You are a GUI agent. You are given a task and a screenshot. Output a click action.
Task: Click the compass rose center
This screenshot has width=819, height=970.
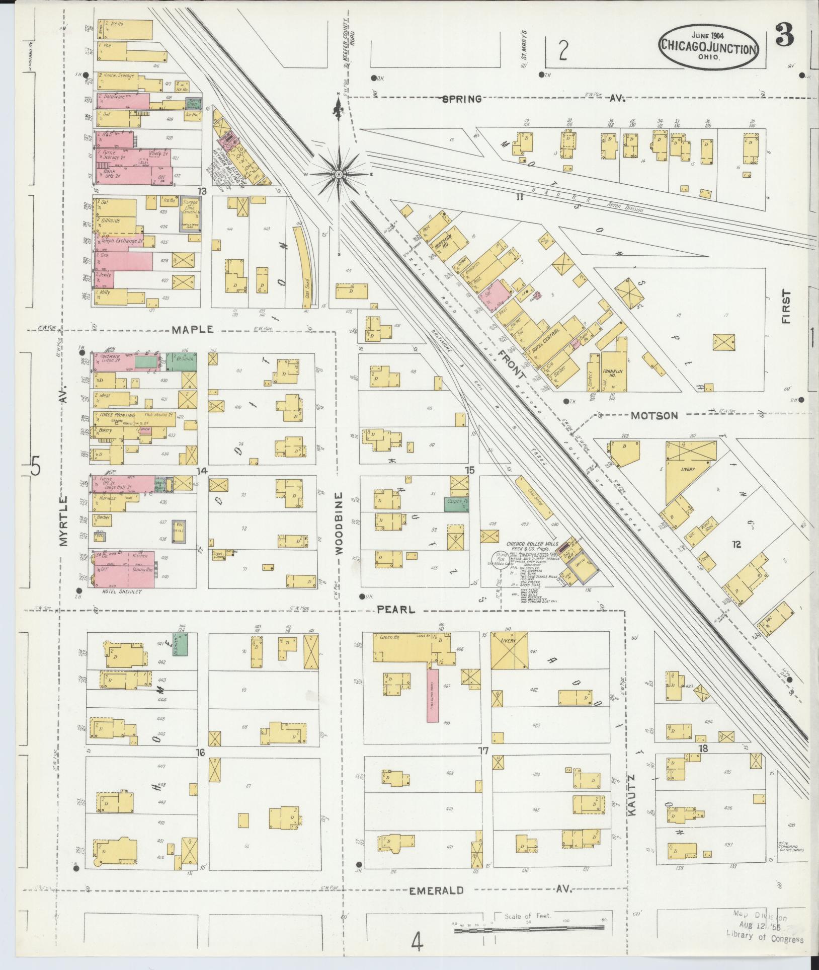[339, 174]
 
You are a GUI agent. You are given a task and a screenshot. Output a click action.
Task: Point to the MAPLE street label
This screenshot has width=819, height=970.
[193, 330]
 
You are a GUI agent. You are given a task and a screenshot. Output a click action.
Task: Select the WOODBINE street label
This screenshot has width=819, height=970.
[339, 524]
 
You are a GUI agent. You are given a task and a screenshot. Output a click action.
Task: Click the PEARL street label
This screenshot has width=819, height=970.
[397, 609]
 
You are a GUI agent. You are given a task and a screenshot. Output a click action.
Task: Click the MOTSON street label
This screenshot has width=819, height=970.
[654, 415]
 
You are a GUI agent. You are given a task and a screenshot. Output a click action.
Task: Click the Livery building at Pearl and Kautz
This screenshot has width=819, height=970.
[509, 649]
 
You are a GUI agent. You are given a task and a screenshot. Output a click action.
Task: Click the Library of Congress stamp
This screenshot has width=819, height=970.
[764, 939]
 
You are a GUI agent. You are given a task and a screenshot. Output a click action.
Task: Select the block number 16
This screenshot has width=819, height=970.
[201, 767]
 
